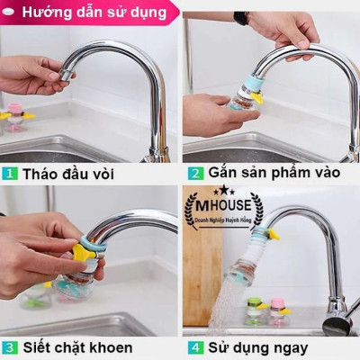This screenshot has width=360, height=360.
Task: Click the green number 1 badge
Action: [8, 172]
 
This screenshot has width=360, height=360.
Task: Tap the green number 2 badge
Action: [195, 172]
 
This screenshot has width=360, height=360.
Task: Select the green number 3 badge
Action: [8, 346]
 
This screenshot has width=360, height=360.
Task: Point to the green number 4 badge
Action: [195, 346]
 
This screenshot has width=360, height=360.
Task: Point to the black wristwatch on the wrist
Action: [241, 18]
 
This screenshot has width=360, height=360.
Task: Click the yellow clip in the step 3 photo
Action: [83, 256]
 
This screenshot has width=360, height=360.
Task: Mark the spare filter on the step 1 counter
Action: [15, 118]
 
